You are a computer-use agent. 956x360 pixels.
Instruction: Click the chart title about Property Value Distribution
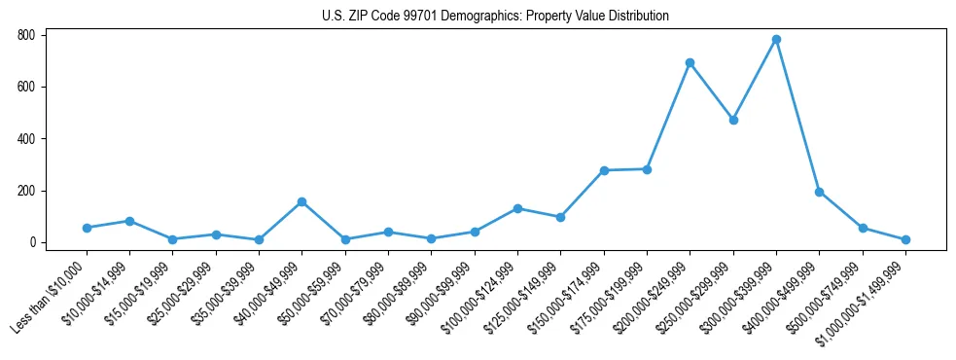(495, 16)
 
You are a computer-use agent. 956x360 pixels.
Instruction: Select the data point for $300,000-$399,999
(776, 40)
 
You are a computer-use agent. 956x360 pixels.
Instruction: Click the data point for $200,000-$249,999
(690, 63)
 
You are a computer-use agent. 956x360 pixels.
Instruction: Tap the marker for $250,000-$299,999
(733, 120)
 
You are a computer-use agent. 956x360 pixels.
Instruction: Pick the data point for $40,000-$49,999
(301, 201)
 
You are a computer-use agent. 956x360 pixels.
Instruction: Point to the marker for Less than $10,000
(87, 228)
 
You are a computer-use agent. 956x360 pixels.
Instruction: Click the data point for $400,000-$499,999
(819, 192)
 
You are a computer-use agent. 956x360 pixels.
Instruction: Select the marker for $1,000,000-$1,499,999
(905, 239)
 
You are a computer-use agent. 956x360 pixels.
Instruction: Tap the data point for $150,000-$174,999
(604, 170)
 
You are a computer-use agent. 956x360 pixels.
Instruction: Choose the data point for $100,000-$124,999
(517, 208)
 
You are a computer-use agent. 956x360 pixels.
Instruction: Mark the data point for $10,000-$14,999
(129, 221)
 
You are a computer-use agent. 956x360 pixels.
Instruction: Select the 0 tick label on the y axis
(32, 242)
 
